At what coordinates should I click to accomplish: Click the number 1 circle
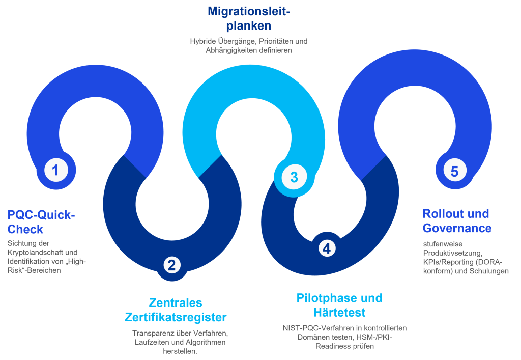pyautogui.click(x=55, y=170)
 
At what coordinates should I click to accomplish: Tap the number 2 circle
pyautogui.click(x=171, y=265)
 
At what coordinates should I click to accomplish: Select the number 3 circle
pyautogui.click(x=294, y=177)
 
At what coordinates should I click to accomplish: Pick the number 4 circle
pyautogui.click(x=326, y=248)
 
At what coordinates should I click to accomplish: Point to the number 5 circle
pyautogui.click(x=454, y=171)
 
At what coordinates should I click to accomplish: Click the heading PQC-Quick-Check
pyautogui.click(x=41, y=223)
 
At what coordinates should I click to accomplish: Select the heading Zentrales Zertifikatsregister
pyautogui.click(x=176, y=310)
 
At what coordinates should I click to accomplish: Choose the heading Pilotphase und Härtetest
pyautogui.click(x=339, y=304)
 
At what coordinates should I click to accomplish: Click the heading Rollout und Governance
pyautogui.click(x=457, y=220)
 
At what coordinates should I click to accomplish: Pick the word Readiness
pyautogui.click(x=333, y=346)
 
